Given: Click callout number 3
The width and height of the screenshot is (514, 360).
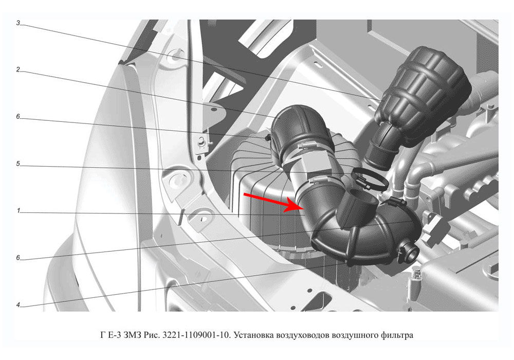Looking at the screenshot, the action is (x=18, y=23).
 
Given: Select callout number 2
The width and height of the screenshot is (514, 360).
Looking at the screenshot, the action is (x=18, y=69).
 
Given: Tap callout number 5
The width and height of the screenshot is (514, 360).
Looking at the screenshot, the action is (x=18, y=164).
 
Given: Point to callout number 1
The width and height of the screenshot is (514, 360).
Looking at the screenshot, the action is (x=19, y=210).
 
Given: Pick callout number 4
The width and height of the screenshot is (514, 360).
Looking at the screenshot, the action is (x=18, y=305).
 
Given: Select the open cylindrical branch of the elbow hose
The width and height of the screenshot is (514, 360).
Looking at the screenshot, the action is (x=357, y=209).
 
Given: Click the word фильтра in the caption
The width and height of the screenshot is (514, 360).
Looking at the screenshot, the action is (x=397, y=336).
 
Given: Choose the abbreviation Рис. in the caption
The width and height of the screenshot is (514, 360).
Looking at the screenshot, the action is (x=152, y=335).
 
